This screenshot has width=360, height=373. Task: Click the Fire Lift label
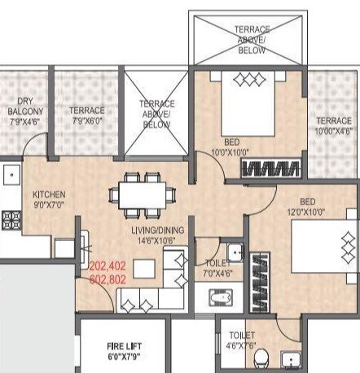[125, 350]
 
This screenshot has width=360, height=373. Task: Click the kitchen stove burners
[11, 219]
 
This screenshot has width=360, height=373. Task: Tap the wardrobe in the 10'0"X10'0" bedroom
[271, 169]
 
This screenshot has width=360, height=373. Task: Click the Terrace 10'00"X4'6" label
[334, 126]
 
